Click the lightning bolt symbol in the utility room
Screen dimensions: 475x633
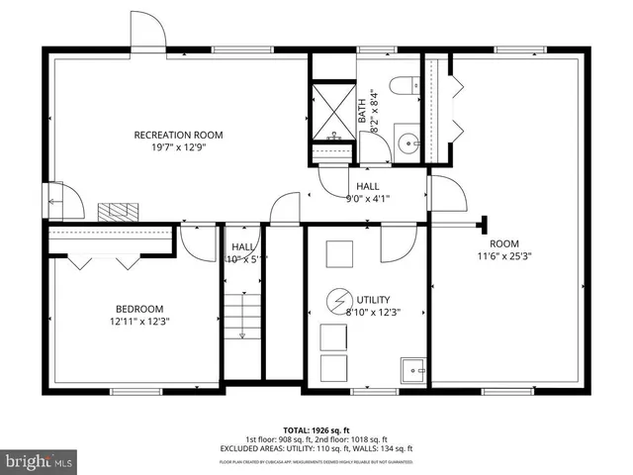(x=339, y=299)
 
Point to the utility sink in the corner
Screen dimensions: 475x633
(x=412, y=371)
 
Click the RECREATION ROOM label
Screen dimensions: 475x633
(x=179, y=135)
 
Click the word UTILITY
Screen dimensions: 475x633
(x=374, y=300)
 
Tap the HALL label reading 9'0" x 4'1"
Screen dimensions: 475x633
(x=367, y=198)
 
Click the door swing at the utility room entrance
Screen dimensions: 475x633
(x=398, y=242)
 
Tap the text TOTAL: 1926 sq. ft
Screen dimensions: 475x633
(x=316, y=430)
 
